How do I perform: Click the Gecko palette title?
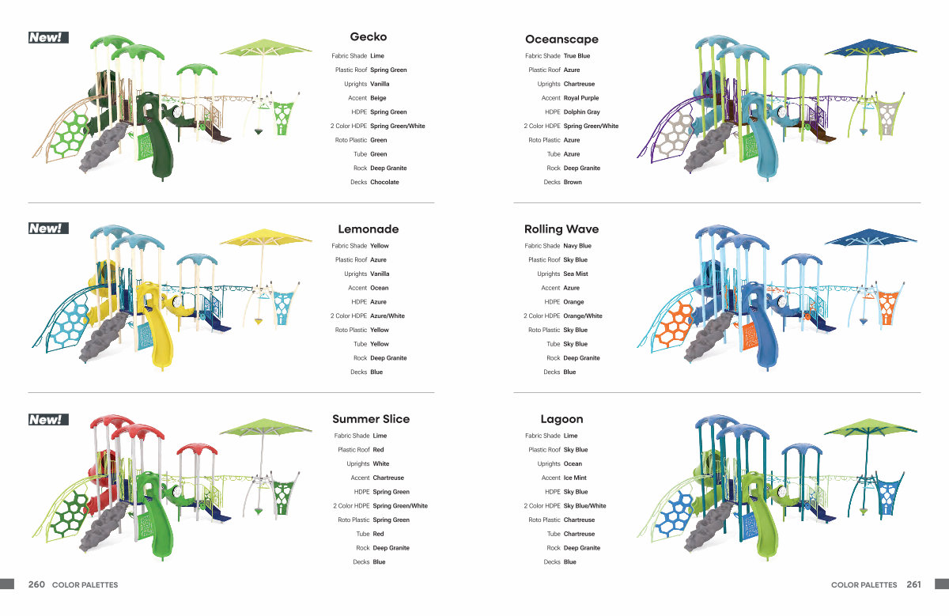pos(369,37)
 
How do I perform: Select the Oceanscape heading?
pos(561,40)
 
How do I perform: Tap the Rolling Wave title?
pos(561,229)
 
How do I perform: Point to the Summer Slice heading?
pos(371,419)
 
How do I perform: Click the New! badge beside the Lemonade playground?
pos(48,229)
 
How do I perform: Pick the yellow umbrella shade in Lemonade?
pos(266,237)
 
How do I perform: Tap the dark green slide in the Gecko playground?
pos(157,135)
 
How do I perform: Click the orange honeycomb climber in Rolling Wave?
pos(674,324)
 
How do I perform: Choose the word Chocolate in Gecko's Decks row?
pos(384,182)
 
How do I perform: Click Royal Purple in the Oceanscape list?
pos(581,98)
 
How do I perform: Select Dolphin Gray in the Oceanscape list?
pos(582,111)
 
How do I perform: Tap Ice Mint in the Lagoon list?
pos(575,478)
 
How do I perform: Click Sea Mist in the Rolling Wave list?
pos(576,274)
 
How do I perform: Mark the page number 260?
pos(36,584)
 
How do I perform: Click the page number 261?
pos(914,584)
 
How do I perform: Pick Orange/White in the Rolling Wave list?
pos(583,316)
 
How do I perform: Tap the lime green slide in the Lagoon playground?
pos(762,515)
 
